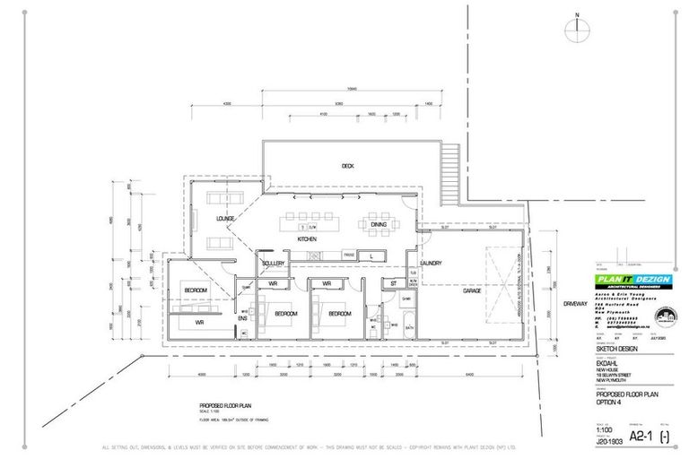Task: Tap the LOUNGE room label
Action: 225,219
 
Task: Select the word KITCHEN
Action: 308,240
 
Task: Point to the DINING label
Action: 378,225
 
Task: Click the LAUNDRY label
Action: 430,263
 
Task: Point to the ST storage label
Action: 393,284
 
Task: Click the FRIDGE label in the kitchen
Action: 347,255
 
